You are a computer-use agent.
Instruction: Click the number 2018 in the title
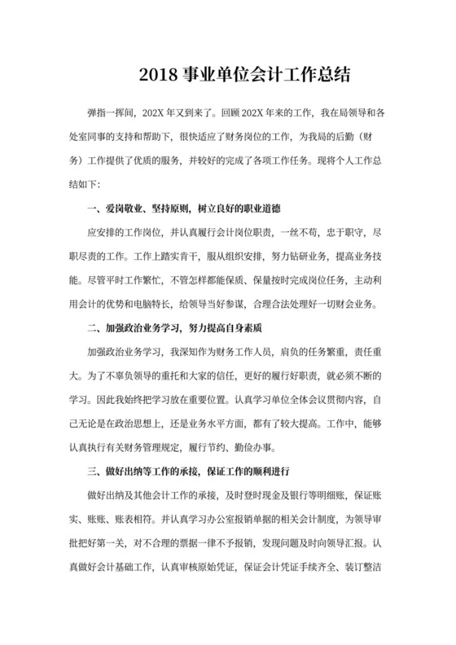tap(156, 76)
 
